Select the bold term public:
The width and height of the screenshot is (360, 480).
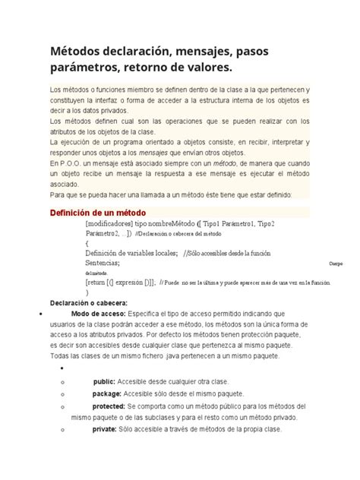point(104,381)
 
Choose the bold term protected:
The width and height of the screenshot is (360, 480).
point(109,406)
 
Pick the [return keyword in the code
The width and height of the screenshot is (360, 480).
point(96,282)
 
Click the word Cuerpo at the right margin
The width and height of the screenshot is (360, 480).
point(335,263)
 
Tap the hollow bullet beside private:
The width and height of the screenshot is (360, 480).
point(59,431)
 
